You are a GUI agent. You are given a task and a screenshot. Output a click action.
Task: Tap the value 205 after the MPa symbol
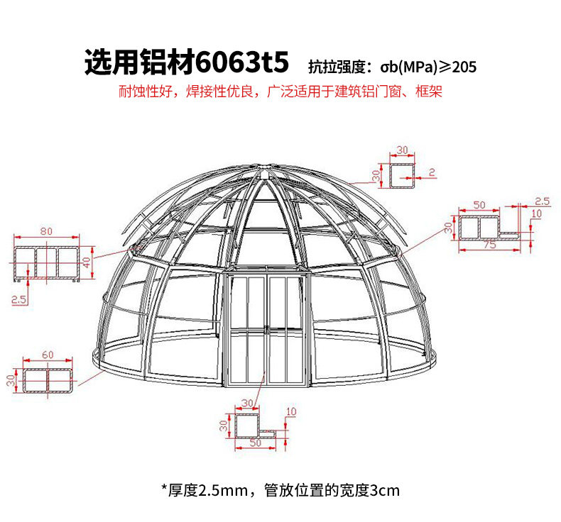point(463,68)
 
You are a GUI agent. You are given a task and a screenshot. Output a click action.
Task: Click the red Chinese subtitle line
point(280,93)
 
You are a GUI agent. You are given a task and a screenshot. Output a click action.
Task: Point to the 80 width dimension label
point(46,231)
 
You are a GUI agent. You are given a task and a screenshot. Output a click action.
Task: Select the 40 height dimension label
point(87,262)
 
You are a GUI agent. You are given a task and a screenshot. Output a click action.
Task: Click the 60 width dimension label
point(48,355)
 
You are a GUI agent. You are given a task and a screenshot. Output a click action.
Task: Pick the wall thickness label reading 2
point(431,172)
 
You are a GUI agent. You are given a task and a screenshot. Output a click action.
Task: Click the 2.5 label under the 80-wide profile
point(18,300)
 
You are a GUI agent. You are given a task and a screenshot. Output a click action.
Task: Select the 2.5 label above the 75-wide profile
point(542,201)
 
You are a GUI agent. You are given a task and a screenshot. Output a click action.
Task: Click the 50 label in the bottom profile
point(256,443)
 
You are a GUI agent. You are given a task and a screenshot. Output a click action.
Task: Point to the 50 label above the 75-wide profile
point(479,205)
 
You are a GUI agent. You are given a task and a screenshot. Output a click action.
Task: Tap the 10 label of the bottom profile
point(290,412)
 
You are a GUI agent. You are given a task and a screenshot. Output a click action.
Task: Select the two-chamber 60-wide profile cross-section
point(48,380)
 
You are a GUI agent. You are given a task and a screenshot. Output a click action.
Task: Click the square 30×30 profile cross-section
point(402,174)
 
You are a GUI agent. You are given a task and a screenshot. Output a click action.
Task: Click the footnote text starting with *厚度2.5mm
point(280,490)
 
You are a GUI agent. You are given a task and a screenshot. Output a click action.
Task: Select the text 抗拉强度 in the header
point(336,68)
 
